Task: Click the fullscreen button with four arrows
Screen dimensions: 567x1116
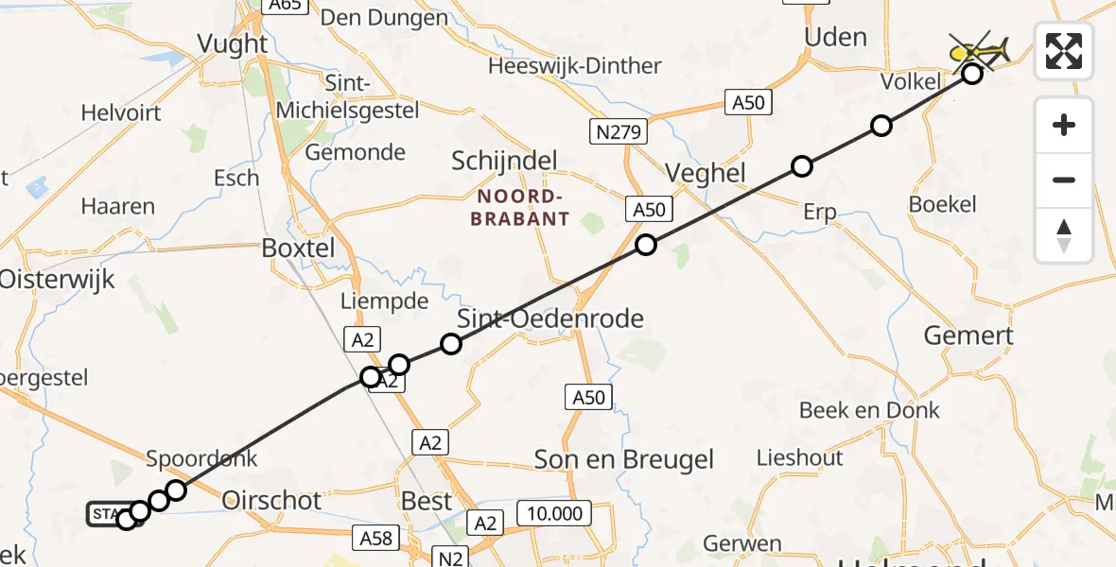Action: pos(1064,51)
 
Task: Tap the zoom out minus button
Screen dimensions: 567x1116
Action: pos(1064,180)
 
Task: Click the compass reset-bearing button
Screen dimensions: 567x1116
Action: pos(1064,235)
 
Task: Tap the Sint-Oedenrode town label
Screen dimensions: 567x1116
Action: pos(550,318)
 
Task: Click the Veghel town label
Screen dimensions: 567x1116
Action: pos(706,173)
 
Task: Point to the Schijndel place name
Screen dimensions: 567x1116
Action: pos(504,161)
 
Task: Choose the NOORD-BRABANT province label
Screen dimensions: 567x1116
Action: pos(523,208)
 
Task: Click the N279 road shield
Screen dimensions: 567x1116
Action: pos(620,132)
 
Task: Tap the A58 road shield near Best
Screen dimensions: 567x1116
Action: pos(375,539)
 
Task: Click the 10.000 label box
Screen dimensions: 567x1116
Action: pos(554,513)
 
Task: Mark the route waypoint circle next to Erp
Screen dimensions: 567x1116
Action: pos(802,167)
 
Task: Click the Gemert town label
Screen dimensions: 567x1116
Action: pos(968,335)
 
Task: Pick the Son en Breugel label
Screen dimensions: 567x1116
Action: pos(624,460)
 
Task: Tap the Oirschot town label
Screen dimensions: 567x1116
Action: pos(271,500)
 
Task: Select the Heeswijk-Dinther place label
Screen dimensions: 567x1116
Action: pos(574,67)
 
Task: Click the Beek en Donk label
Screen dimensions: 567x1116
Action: pos(869,410)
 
